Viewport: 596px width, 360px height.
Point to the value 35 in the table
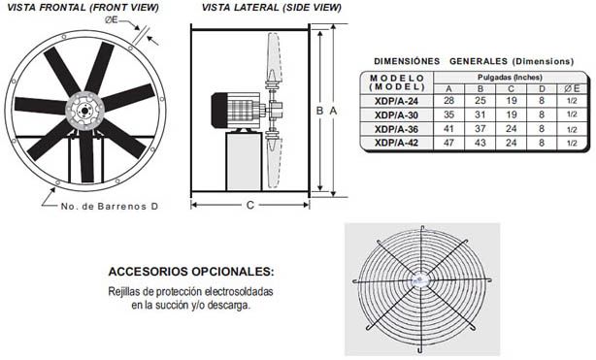click(x=449, y=114)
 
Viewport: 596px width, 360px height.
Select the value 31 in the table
click(x=480, y=114)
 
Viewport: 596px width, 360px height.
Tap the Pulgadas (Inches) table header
click(x=509, y=76)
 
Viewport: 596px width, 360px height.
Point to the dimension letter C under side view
click(x=249, y=205)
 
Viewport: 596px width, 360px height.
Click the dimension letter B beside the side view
click(x=319, y=111)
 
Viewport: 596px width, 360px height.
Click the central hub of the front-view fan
click(x=85, y=110)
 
